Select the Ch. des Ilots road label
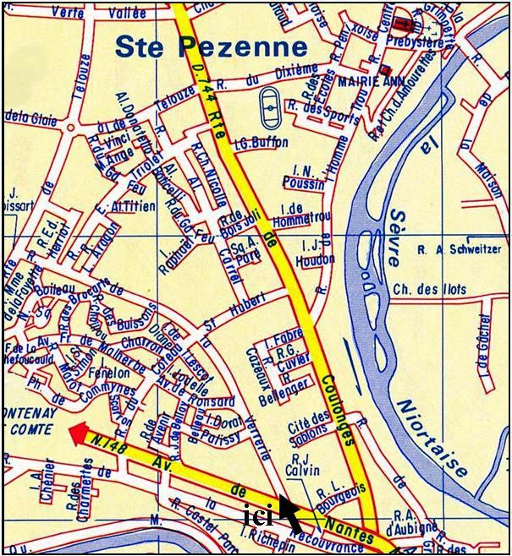click(x=431, y=290)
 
